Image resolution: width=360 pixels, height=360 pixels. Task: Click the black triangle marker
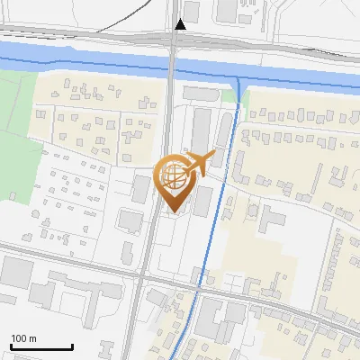pyautogui.click(x=180, y=24)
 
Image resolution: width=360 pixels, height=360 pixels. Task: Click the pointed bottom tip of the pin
pyautogui.click(x=174, y=213)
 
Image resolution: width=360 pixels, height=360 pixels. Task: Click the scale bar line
pyautogui.click(x=40, y=347)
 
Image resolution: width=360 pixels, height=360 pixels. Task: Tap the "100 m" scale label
pyautogui.click(x=24, y=338)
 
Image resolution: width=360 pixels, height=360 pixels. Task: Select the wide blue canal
pyautogui.click(x=90, y=67)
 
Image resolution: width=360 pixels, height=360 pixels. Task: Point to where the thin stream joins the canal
pyautogui.click(x=239, y=85)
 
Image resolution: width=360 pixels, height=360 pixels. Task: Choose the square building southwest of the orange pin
pyautogui.click(x=130, y=220)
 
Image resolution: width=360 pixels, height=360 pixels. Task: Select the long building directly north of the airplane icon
pyautogui.click(x=201, y=126)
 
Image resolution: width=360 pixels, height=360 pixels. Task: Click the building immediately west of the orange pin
pyautogui.click(x=141, y=188)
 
